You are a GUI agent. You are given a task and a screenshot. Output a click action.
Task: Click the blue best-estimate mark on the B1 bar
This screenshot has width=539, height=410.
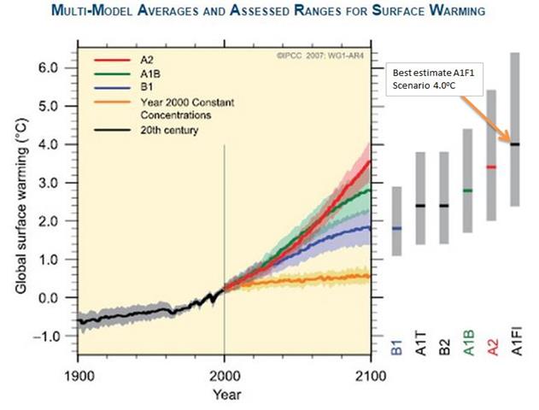[396, 228]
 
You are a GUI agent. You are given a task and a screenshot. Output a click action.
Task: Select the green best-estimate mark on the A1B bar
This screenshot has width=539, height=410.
[467, 190]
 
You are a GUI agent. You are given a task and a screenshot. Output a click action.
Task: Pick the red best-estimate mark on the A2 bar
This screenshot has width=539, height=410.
[490, 167]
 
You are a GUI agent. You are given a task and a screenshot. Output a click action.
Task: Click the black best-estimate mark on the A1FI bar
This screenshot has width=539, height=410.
[514, 144]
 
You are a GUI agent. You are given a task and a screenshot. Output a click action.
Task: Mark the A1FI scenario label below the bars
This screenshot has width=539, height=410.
[514, 346]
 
